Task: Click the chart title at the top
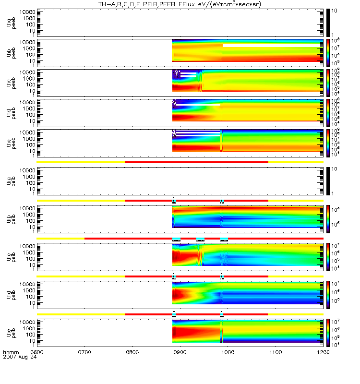(x=180, y=4)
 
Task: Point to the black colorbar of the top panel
(x=328, y=22)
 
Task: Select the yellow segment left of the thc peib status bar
(x=60, y=238)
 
